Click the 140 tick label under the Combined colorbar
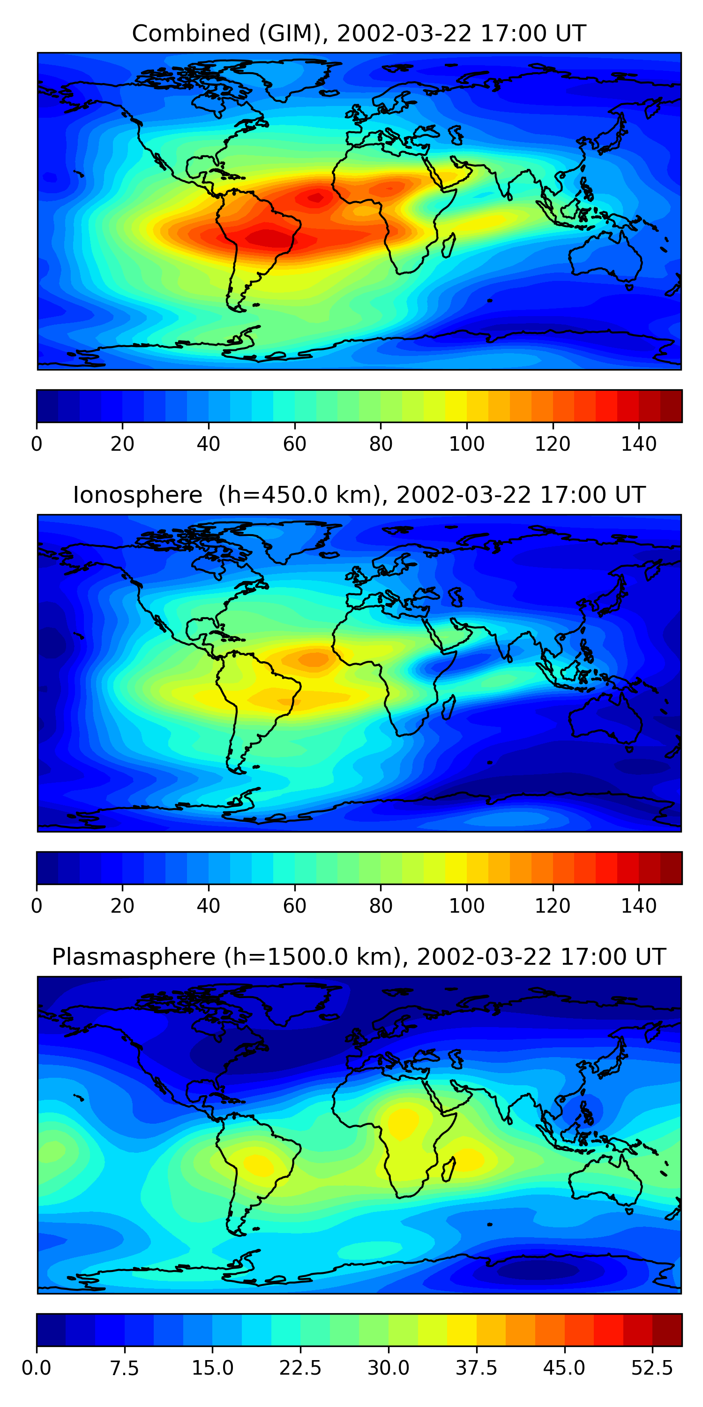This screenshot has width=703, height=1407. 639,444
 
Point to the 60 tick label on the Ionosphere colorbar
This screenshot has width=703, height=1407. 295,906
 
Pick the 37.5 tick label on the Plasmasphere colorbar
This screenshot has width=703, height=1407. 476,1368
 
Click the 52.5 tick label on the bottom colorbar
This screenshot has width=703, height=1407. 652,1368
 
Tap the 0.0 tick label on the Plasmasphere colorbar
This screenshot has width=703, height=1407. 37,1368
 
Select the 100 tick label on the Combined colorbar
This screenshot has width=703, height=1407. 467,444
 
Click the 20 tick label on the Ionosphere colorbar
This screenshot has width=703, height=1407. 122,906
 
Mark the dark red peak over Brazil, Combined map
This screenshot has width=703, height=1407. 268,239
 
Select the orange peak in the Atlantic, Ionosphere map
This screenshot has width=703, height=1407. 314,660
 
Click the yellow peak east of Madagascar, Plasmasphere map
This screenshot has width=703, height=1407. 470,1158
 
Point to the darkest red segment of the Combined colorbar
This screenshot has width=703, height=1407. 671,406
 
